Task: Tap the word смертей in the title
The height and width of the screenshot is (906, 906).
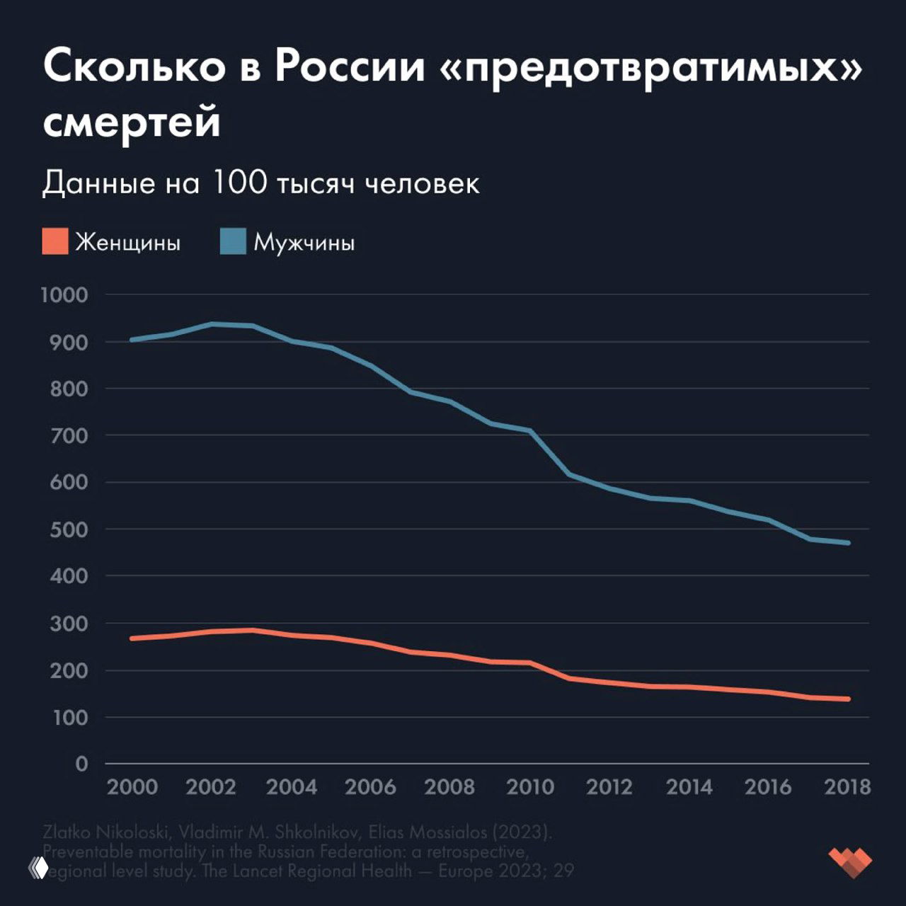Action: point(132,122)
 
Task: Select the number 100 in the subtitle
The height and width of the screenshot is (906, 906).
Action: point(239,183)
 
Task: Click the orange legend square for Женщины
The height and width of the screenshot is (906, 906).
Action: point(55,241)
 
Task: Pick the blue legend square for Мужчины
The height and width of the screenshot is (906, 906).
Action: point(233,241)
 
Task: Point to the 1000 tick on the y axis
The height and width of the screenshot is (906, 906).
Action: point(64,295)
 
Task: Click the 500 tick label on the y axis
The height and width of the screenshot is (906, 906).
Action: point(69,529)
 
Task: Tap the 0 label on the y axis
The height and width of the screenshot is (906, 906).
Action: point(82,764)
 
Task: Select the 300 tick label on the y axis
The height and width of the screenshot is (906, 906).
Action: point(69,624)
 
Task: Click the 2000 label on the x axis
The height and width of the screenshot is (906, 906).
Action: point(132,787)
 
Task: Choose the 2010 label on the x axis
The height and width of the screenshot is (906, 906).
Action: point(531,787)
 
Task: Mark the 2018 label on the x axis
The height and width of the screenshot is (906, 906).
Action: point(847,787)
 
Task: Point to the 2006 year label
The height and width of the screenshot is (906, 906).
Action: point(370,787)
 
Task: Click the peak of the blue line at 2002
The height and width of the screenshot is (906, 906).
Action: point(212,324)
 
